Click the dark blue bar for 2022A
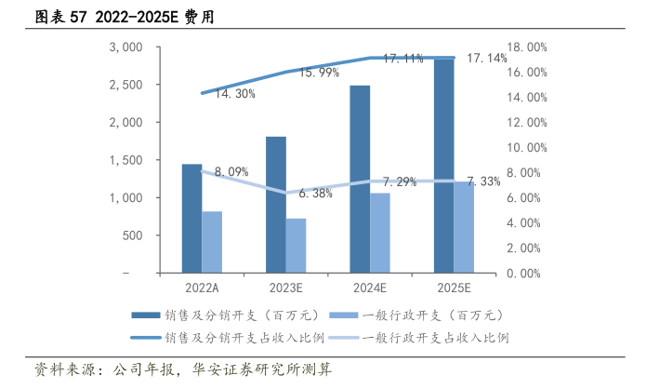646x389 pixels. pos(191,219)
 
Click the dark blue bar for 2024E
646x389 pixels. pos(360,180)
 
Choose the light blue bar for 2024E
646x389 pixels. pos(380,233)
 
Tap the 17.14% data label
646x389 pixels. pos(486,58)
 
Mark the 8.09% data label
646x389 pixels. pos(231,171)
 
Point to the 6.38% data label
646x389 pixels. pos(315,194)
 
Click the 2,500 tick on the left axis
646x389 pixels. pos(125,85)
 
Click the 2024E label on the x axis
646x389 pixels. pos(370,288)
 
